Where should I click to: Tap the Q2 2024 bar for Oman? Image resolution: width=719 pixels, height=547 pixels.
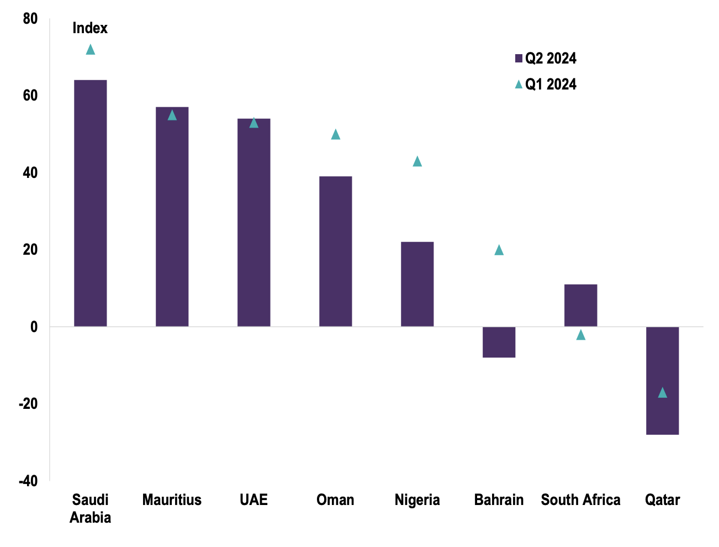click(335, 251)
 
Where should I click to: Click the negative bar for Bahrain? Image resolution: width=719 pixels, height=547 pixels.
click(499, 342)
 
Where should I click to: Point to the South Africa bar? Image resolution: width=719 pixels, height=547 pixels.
click(580, 305)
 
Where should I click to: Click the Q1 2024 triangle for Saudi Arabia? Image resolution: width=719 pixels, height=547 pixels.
click(91, 50)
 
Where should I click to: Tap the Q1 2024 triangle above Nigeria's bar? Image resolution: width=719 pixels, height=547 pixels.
click(417, 161)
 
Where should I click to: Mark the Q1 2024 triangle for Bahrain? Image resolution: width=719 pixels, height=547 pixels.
click(499, 250)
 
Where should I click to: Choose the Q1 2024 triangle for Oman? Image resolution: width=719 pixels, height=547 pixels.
click(335, 134)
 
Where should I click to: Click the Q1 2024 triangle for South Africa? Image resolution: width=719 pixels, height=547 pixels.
click(580, 335)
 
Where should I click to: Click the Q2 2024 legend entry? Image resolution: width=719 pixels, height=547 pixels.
click(546, 58)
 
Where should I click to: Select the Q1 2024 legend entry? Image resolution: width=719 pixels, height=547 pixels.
click(546, 84)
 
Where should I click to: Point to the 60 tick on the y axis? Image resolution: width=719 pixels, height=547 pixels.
click(30, 96)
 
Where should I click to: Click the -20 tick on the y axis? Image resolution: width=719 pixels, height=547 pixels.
click(28, 404)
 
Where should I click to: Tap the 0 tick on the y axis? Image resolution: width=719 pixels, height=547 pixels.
click(34, 327)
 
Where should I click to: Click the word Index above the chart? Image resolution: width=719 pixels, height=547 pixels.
click(90, 28)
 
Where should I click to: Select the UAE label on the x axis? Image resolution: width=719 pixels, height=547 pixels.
click(253, 500)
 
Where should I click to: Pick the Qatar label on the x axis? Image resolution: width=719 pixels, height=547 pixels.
click(662, 500)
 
